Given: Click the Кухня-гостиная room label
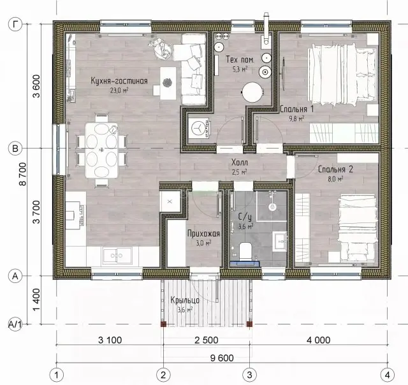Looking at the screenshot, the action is pos(119,81).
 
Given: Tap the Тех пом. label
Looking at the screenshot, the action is pos(240,59).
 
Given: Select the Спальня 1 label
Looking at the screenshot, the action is pos(297,109).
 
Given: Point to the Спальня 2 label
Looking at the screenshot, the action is pos(336,170).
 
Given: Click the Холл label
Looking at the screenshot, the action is pos(240,163).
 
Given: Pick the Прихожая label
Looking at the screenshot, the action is pos(203,233).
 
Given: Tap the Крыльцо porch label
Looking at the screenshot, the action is pos(185,300).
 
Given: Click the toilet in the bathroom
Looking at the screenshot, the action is pos(245,251).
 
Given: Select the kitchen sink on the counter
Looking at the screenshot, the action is pos(117,256).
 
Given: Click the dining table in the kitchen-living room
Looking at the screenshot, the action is pos(101,150).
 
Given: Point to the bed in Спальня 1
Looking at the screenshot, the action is pos(342,75).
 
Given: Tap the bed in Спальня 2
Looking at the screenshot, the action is pos(358,228).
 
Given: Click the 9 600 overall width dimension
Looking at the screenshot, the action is pos(222,358).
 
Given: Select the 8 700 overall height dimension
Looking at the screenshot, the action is pos(23,174).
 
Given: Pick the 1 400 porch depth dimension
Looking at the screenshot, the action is pos(37,300).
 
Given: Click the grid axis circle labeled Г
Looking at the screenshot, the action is pos(15,24).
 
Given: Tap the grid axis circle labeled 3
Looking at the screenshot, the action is pos(249,375).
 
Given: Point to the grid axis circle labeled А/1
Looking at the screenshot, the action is pos(15,324).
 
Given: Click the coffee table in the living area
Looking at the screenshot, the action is pos(168,83).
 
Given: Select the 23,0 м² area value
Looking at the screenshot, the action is pos(119,91).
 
